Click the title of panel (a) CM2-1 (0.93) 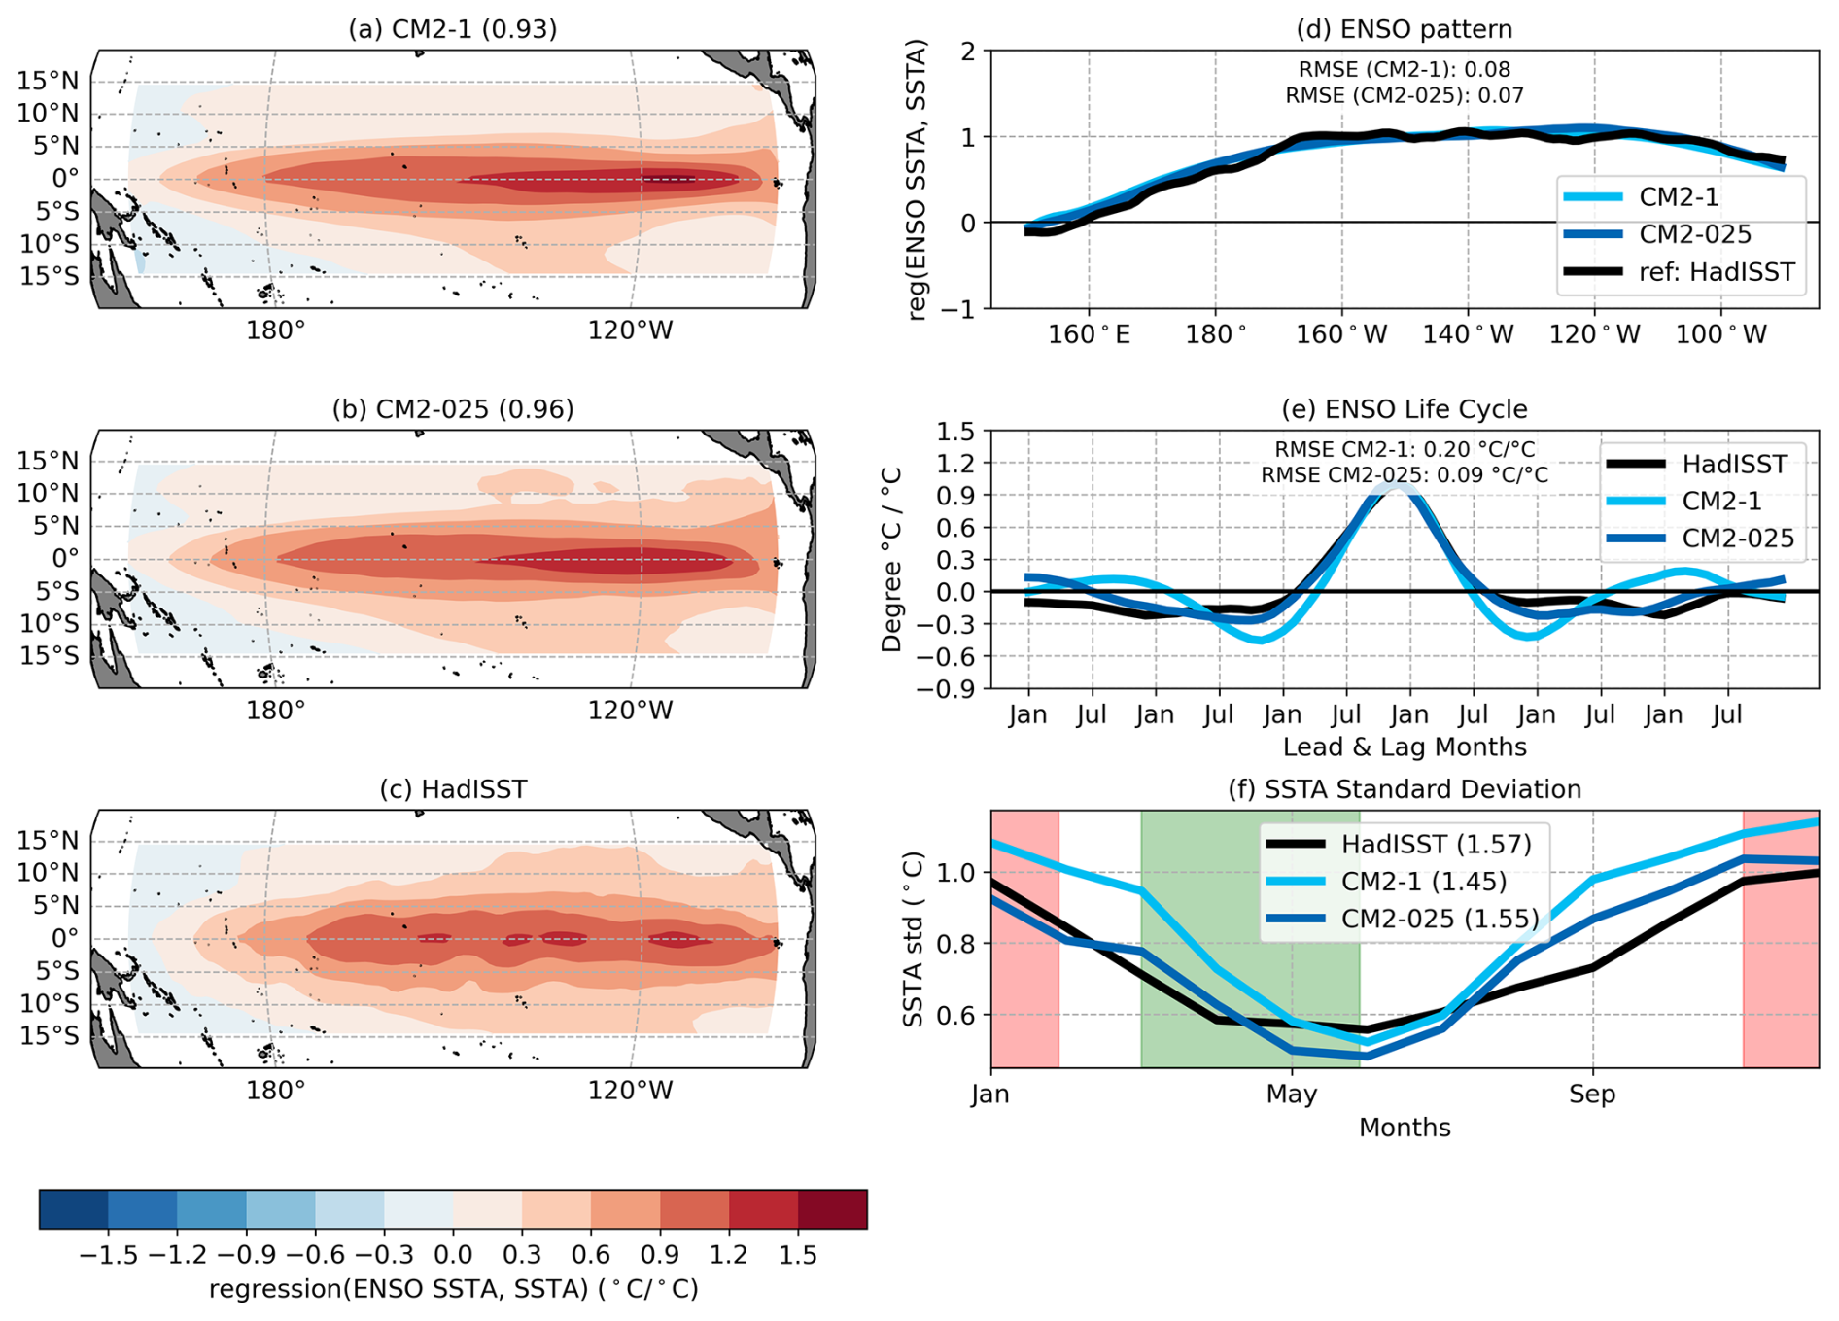coord(453,29)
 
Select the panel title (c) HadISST coord(453,789)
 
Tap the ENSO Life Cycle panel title coord(1405,409)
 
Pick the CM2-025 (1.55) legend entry coord(1440,919)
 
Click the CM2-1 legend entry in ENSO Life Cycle coord(1721,502)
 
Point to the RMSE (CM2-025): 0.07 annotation coord(1405,95)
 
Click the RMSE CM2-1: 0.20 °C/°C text coord(1405,449)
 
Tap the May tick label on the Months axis coord(1291,1095)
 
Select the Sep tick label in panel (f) coord(1592,1095)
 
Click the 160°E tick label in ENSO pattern coord(1089,335)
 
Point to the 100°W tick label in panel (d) coord(1721,335)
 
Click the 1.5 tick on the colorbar coord(798,1255)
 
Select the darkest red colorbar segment coord(832,1209)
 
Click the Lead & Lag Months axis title coord(1405,747)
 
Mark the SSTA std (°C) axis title coord(913,939)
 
